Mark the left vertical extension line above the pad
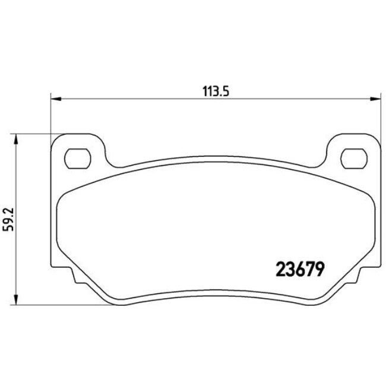click(50, 119)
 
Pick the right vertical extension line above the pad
click(379, 119)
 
